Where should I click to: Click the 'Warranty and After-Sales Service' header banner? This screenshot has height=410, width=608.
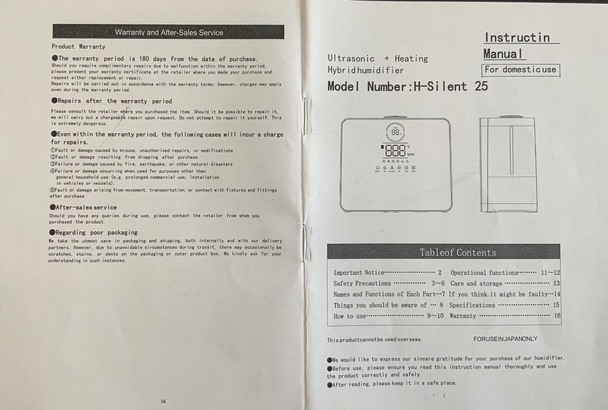[x=168, y=32]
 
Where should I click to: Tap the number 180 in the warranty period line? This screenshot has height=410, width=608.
[x=144, y=59]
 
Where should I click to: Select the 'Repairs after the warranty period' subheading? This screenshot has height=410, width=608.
[x=112, y=101]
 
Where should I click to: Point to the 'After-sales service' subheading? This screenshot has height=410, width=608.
[x=83, y=207]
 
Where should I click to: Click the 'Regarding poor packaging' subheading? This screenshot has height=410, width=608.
[x=94, y=232]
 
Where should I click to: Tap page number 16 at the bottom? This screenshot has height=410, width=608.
[x=163, y=401]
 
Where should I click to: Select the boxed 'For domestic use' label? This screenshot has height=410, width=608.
[x=520, y=70]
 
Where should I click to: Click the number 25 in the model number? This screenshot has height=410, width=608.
[x=481, y=86]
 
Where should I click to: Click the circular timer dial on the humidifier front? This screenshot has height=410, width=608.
[x=395, y=132]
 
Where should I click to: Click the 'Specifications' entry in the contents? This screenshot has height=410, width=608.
[x=472, y=305]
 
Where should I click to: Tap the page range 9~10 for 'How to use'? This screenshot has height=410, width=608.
[x=435, y=316]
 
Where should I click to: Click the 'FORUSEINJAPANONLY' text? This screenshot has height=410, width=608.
[x=505, y=339]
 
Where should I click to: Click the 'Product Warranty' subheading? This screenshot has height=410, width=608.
[x=78, y=47]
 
